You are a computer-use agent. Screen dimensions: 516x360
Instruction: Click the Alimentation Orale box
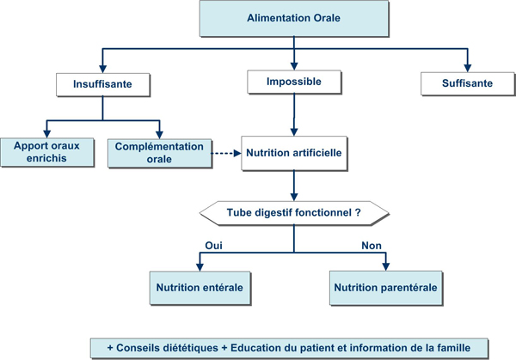294,18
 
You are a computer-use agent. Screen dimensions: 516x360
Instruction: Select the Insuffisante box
103,84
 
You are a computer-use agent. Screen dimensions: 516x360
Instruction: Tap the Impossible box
294,82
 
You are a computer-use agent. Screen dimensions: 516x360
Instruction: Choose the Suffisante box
468,83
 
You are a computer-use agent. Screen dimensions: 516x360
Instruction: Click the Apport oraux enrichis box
47,152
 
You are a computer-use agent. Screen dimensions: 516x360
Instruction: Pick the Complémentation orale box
160,153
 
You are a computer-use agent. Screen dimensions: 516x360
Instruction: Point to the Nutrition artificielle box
294,153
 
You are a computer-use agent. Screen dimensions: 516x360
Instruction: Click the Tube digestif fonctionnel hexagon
294,213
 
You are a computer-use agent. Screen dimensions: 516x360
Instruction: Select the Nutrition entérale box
200,288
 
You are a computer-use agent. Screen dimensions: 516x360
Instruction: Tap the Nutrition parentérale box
386,288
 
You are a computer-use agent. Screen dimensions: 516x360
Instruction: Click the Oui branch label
213,246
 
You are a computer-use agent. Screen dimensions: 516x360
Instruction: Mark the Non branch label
372,246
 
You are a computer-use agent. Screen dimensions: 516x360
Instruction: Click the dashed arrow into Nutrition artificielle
226,153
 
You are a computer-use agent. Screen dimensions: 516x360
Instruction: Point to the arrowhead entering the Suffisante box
468,68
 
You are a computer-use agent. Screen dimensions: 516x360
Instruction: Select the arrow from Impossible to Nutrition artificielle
294,115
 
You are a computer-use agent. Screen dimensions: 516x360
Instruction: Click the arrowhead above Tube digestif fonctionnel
294,197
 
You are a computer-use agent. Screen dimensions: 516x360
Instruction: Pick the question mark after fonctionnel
358,213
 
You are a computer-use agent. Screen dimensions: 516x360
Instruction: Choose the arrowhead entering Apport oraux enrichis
47,134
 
